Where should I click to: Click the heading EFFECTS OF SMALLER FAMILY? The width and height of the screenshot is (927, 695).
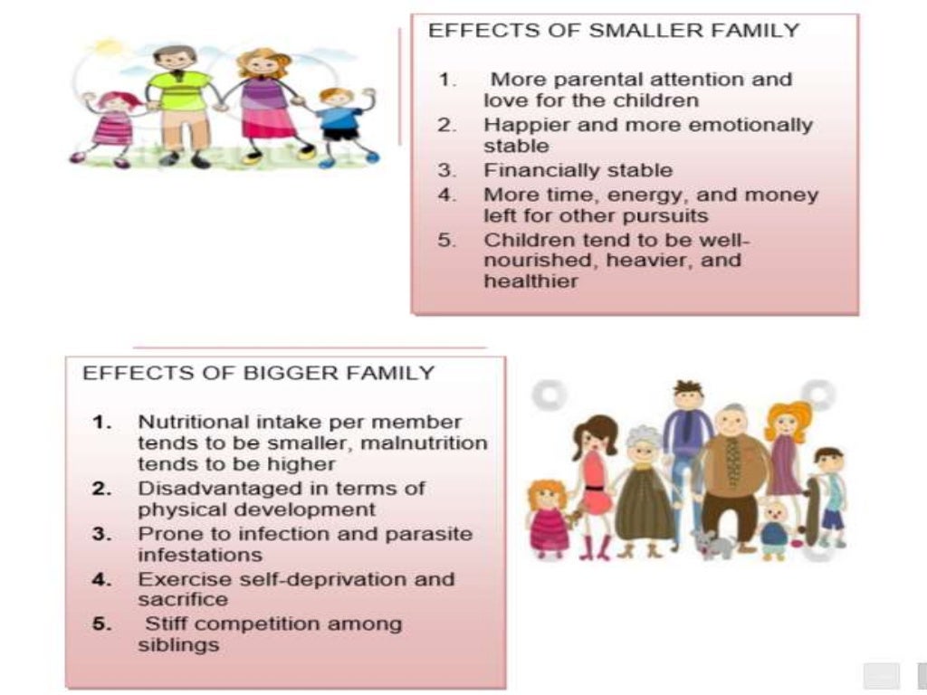[x=613, y=31]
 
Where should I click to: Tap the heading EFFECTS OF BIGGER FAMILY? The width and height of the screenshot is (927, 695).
[x=258, y=373]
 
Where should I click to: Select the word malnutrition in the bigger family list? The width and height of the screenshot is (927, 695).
[x=434, y=443]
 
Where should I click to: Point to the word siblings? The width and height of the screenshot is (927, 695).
[x=178, y=645]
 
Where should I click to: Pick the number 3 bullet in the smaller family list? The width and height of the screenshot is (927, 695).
[x=446, y=170]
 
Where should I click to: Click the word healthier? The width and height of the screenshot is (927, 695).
[x=530, y=281]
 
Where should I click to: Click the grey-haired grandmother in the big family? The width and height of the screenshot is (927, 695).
[x=644, y=489]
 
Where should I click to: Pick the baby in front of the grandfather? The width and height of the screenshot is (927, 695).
[x=774, y=529]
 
